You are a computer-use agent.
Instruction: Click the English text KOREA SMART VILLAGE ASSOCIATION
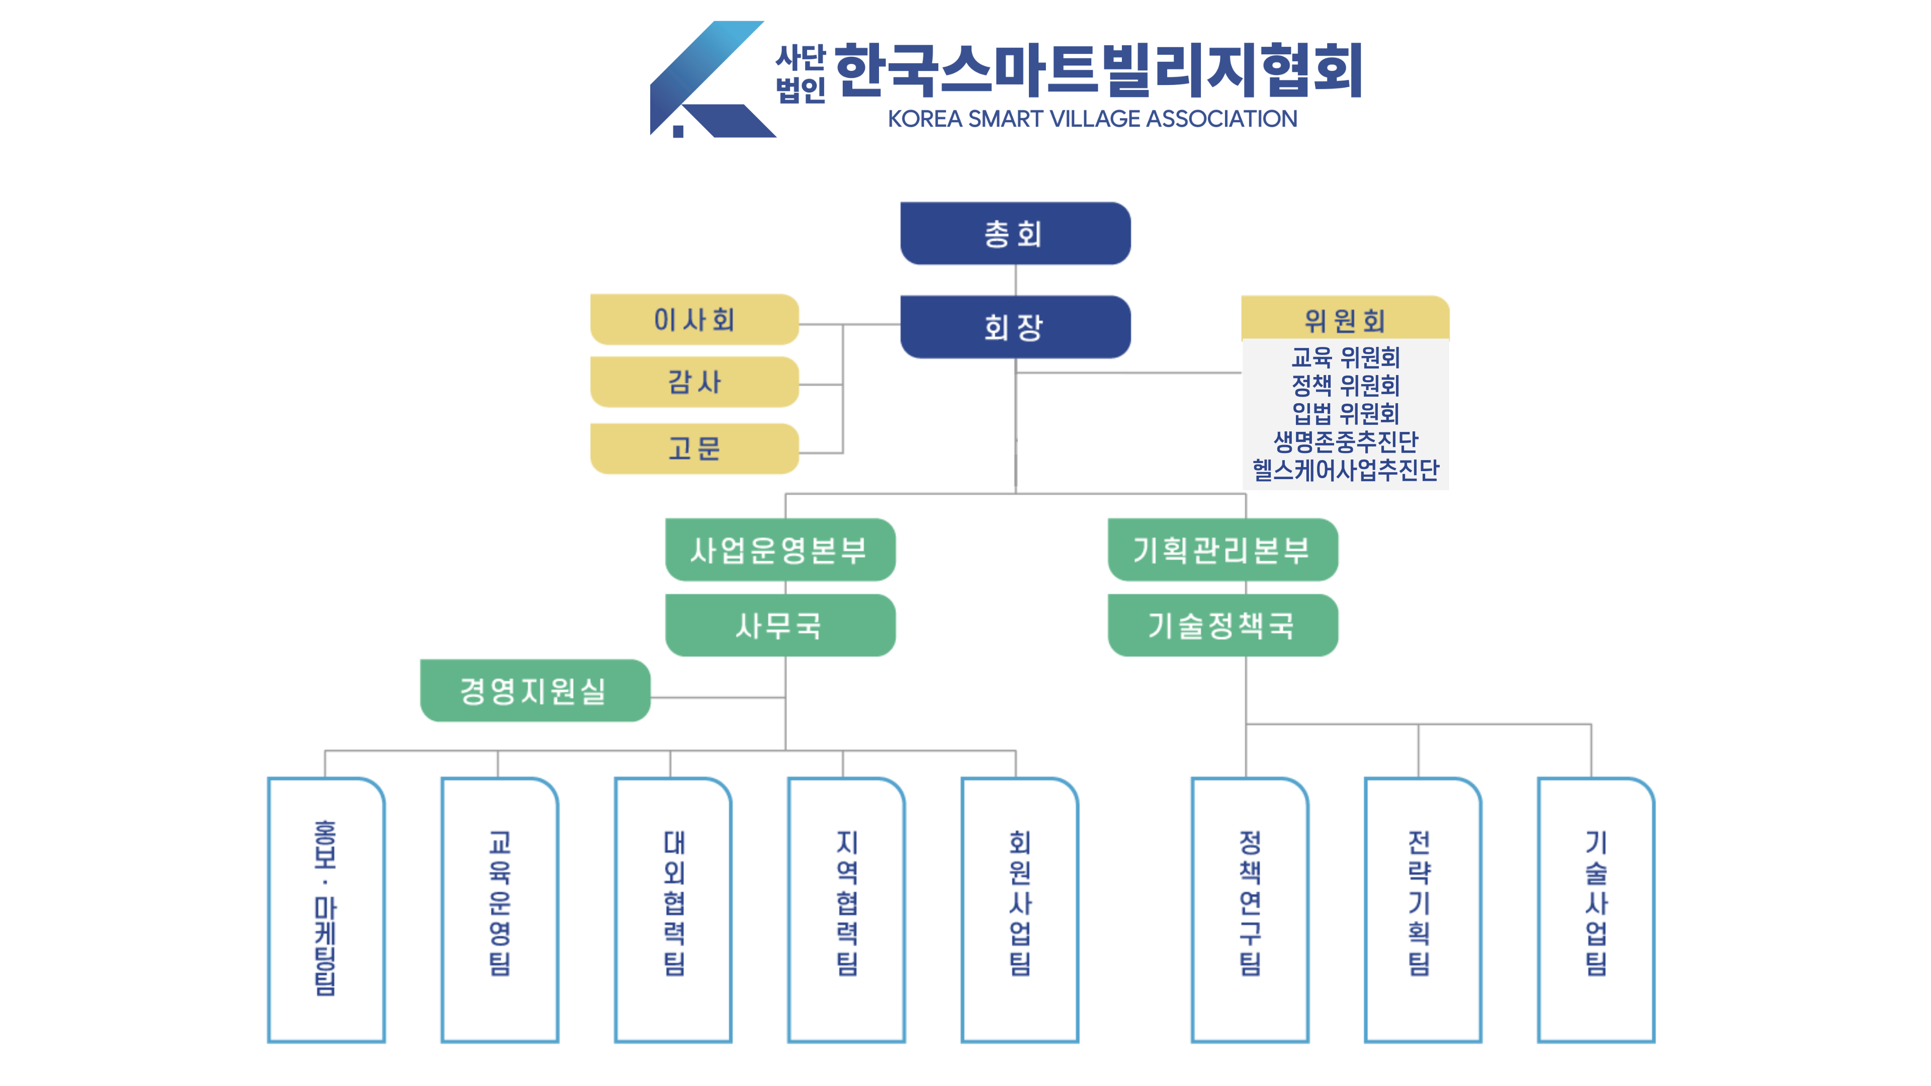point(1092,119)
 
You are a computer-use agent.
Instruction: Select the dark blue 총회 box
point(1015,234)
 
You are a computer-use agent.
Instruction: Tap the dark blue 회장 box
point(1015,327)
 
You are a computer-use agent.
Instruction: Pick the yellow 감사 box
point(694,382)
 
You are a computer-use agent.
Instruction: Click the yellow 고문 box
point(694,448)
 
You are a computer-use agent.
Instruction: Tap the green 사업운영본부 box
point(779,550)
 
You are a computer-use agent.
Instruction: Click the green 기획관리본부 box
point(1222,550)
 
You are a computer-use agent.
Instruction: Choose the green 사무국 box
point(779,625)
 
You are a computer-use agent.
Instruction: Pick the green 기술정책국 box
point(1222,625)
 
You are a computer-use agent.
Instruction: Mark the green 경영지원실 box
point(535,690)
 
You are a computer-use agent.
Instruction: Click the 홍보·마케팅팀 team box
point(326,909)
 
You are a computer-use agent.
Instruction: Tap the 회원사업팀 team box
point(1019,909)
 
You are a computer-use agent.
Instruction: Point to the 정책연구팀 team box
point(1250,909)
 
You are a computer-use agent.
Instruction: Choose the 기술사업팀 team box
point(1596,909)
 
